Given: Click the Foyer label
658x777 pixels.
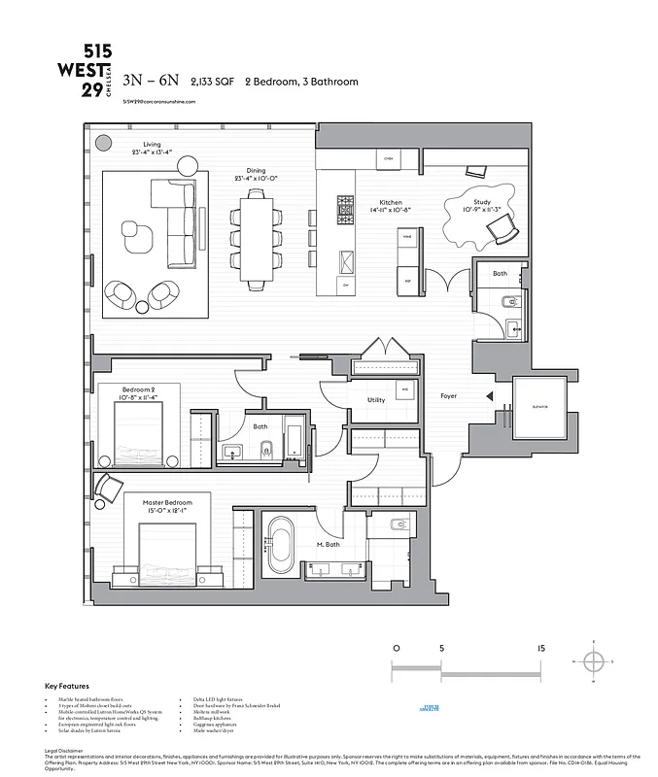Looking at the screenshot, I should [448, 396].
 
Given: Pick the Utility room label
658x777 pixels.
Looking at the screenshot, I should [376, 399].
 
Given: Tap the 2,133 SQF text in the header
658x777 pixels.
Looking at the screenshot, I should [213, 83].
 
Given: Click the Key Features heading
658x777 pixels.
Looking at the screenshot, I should [62, 687].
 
